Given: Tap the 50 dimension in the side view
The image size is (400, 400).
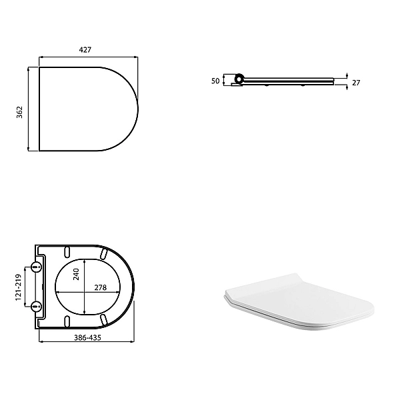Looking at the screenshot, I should click(215, 80).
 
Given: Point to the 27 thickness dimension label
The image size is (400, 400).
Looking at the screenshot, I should click(356, 82).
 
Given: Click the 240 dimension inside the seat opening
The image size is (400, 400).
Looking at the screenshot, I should click(76, 274).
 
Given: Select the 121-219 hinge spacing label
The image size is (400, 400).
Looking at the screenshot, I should click(19, 286).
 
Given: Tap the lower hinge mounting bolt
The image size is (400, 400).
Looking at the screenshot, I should click(37, 306).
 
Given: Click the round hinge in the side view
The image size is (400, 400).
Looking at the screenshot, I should click(239, 80).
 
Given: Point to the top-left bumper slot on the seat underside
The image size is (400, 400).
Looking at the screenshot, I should click(68, 251).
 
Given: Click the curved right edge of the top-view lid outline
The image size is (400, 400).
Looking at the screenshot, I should click(137, 109).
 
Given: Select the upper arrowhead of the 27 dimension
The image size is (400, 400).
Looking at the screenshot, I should click(347, 76).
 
